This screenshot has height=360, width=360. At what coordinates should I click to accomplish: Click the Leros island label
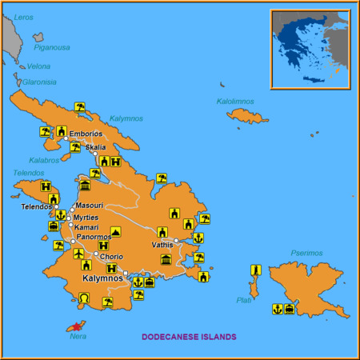(25, 16)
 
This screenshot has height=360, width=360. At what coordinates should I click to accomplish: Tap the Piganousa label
(51, 47)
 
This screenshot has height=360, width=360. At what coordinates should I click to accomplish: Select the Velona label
(39, 66)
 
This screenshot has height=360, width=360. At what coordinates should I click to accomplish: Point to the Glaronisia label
(38, 81)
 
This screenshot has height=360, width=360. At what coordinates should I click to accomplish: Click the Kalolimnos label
(237, 102)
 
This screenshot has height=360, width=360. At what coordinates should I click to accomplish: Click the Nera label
(78, 336)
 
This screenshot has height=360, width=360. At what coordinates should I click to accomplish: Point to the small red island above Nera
(74, 326)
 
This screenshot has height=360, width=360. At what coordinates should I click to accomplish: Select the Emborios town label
(86, 134)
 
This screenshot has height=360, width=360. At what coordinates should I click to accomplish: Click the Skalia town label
(95, 148)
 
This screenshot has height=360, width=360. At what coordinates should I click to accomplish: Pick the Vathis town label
(162, 245)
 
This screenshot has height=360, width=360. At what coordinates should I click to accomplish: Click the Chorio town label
(110, 257)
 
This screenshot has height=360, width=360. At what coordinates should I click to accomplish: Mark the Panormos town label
(94, 238)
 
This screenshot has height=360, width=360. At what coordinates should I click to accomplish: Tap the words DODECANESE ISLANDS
(189, 337)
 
